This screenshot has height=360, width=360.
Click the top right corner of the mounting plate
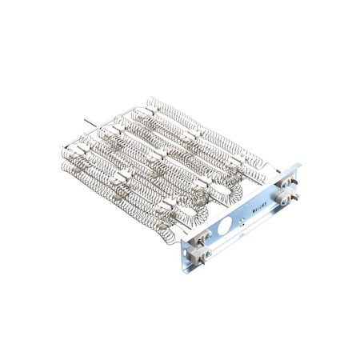pyautogui.click(x=301, y=166)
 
